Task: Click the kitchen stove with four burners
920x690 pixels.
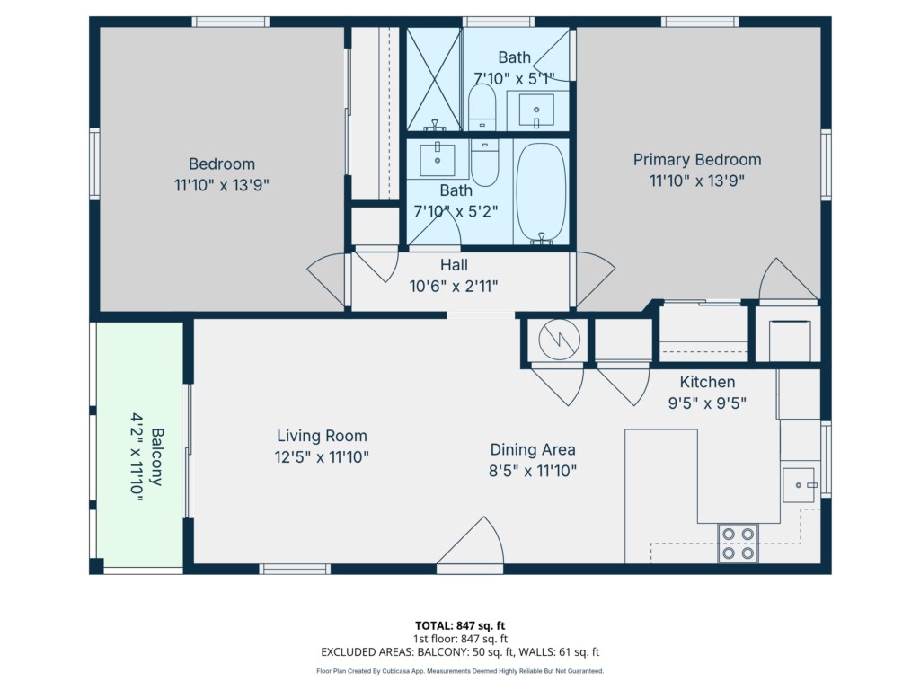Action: pyautogui.click(x=739, y=544)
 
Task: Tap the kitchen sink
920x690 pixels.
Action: pyautogui.click(x=799, y=484)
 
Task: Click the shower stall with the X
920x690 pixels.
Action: pyautogui.click(x=434, y=79)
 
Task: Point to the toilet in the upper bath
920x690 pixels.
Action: pyautogui.click(x=482, y=108)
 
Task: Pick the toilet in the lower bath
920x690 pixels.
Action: pyautogui.click(x=484, y=163)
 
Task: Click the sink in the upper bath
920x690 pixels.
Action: pyautogui.click(x=536, y=110)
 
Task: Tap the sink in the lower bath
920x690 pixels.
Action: pyautogui.click(x=438, y=160)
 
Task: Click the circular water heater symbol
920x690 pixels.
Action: pyautogui.click(x=560, y=339)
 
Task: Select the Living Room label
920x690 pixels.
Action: pyautogui.click(x=323, y=436)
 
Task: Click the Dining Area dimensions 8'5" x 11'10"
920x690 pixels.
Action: pyautogui.click(x=533, y=471)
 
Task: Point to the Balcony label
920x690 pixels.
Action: pyautogui.click(x=157, y=457)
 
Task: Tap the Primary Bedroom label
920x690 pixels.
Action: pyautogui.click(x=697, y=160)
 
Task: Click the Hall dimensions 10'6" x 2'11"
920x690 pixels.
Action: pyautogui.click(x=454, y=287)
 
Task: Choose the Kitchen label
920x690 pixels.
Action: pyautogui.click(x=707, y=382)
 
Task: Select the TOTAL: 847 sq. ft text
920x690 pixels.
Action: pyautogui.click(x=460, y=625)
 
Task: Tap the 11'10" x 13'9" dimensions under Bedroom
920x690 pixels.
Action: pyautogui.click(x=222, y=185)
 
